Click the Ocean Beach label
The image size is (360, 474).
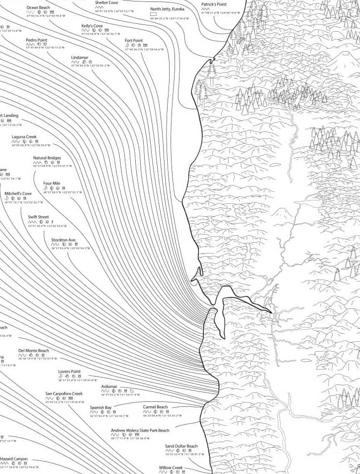click(x=38, y=8)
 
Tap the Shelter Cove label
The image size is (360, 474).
click(x=106, y=2)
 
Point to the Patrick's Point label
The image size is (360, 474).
click(x=214, y=4)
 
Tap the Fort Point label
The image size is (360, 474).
click(x=133, y=40)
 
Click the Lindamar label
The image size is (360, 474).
click(x=80, y=57)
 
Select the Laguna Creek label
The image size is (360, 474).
click(x=24, y=137)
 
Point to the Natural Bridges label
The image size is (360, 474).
click(x=47, y=158)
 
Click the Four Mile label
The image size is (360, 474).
click(x=52, y=184)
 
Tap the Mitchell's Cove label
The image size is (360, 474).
click(x=18, y=193)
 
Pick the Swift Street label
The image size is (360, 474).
click(x=38, y=217)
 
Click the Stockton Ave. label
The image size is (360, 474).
click(x=64, y=240)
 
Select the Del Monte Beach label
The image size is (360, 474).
click(x=34, y=350)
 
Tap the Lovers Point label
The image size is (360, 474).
click(x=69, y=372)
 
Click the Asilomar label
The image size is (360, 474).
click(x=109, y=386)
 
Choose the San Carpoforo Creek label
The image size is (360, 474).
click(x=64, y=393)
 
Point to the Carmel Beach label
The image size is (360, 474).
click(x=156, y=407)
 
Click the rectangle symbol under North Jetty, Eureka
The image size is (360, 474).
click(x=153, y=14)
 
